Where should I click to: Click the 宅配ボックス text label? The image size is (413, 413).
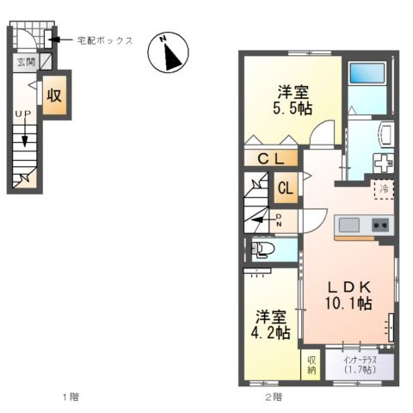(105, 40)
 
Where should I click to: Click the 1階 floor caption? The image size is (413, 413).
(70, 397)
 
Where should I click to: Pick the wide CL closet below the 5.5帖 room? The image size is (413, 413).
(270, 158)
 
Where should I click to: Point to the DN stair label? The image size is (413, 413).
(280, 220)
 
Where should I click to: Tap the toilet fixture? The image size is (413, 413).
(263, 250)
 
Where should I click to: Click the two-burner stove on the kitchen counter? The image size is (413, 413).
(379, 225)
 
